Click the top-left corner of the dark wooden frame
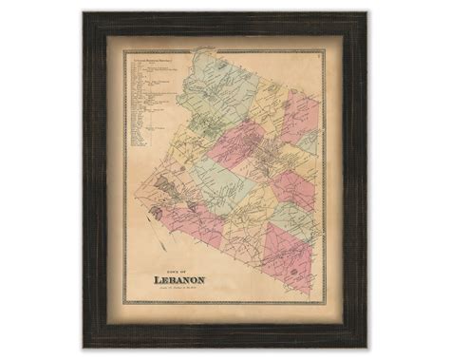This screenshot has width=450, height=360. pos(83,12)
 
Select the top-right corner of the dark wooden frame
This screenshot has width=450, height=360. pos(366,12)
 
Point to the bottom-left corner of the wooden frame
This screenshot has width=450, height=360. pos(83,348)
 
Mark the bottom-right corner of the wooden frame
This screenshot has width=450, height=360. pos(366,348)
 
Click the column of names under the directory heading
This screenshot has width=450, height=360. pos(142,104)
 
